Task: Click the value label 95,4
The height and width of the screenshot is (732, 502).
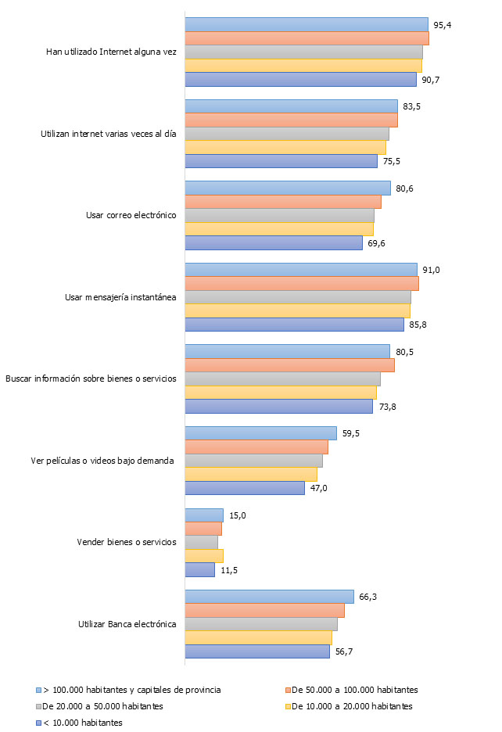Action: [443, 25]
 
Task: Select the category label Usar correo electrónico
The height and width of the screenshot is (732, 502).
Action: [131, 216]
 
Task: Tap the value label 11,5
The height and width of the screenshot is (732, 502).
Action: [228, 570]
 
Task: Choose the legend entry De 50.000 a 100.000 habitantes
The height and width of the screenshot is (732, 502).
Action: [353, 690]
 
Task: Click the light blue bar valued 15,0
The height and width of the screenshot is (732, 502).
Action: [204, 515]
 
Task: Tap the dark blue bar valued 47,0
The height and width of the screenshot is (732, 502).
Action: [245, 488]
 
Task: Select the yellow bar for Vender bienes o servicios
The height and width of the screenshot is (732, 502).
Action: [204, 556]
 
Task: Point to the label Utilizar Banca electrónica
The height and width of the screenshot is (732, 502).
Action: [127, 624]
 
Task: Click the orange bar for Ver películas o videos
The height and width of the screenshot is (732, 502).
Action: [256, 447]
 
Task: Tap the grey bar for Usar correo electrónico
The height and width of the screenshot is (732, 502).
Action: [279, 216]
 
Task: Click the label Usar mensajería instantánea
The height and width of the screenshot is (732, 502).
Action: [120, 297]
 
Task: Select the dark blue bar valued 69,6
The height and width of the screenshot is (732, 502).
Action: [274, 243]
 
